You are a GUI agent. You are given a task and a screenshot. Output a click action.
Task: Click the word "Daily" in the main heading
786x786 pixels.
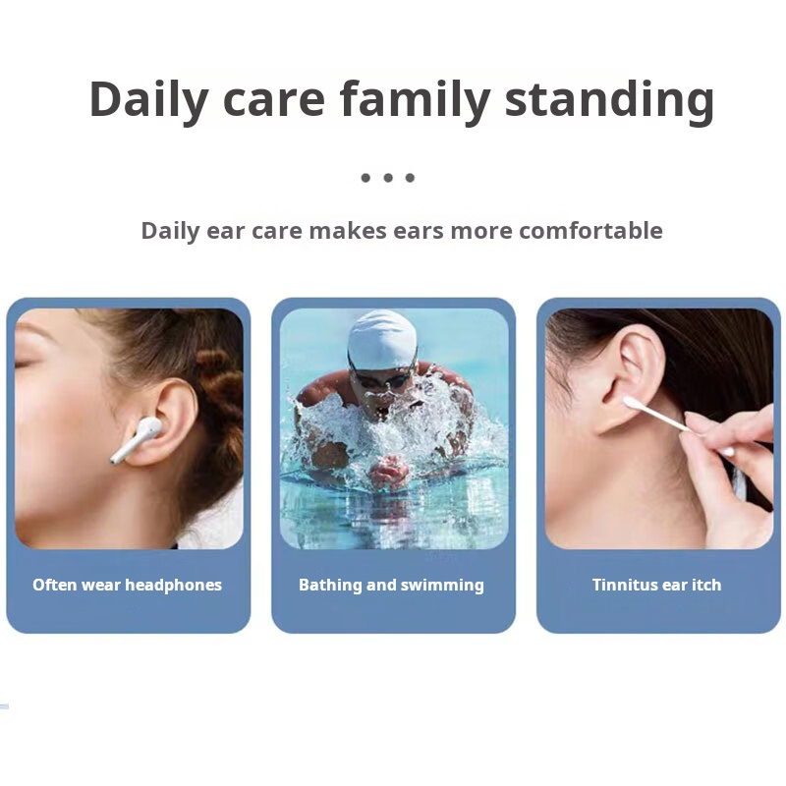pos(149,100)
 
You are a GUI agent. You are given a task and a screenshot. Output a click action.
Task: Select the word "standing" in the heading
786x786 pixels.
pos(609,100)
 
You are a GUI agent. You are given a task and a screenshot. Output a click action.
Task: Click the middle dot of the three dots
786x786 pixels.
pos(388,178)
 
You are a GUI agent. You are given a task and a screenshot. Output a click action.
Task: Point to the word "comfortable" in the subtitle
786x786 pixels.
pos(590,231)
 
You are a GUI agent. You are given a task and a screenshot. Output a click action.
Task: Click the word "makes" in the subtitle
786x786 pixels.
pos(348,231)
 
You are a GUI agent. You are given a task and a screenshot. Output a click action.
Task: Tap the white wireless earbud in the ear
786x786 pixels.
pos(138,438)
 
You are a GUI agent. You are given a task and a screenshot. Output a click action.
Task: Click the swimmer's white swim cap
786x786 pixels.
pos(382,339)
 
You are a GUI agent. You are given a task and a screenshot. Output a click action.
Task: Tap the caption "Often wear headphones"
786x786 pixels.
pos(128,585)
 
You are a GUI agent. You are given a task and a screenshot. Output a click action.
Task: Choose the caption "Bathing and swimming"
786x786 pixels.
pos(391,585)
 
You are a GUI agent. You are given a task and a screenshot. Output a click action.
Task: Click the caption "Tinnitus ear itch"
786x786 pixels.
pos(656,585)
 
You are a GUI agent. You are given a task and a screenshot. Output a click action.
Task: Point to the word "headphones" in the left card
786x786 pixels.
pos(174,585)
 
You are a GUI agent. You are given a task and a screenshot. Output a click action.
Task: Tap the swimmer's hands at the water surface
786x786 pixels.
pos(388,471)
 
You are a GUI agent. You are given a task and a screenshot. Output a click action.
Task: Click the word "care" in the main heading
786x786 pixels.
pos(274,100)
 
